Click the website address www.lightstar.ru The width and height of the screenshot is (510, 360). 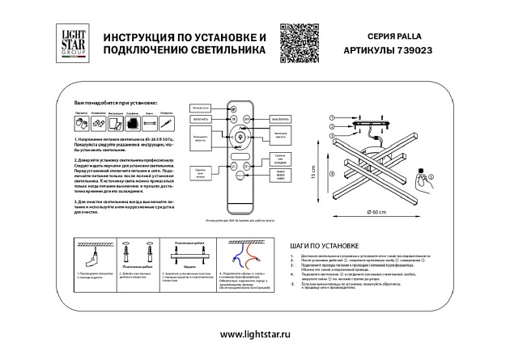(x=254, y=333)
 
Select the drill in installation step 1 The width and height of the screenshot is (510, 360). (x=92, y=260)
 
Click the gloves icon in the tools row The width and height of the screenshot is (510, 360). (x=82, y=123)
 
